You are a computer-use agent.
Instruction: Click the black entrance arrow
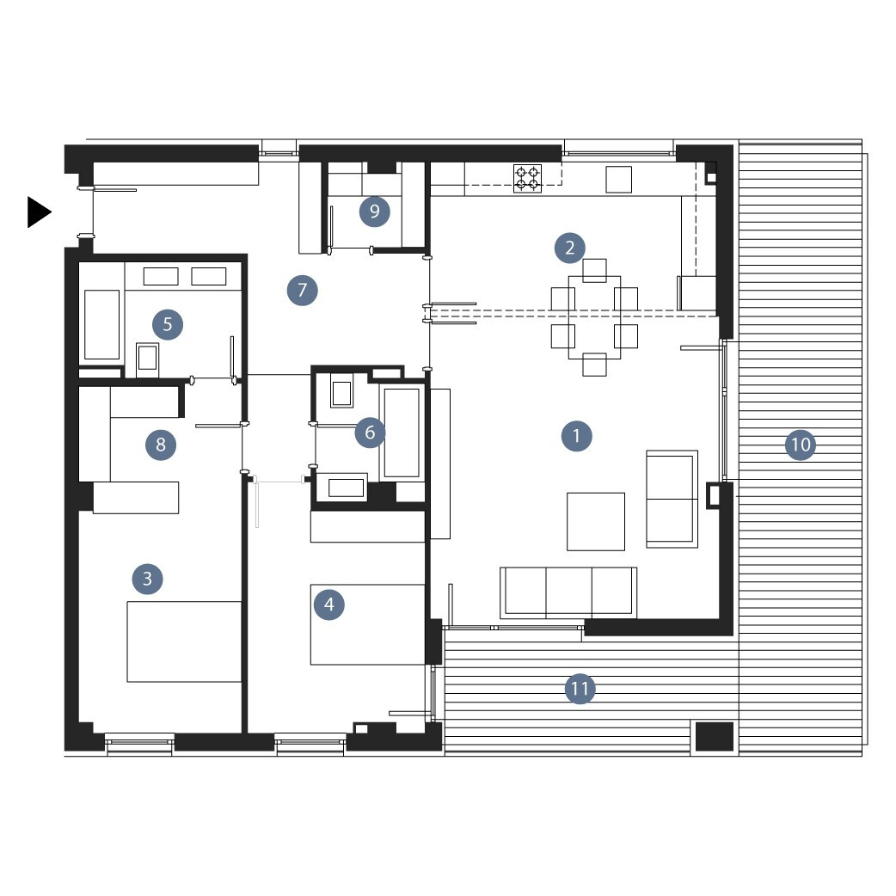point(39,212)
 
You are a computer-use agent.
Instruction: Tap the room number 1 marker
point(577,436)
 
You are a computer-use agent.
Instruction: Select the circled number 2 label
point(570,248)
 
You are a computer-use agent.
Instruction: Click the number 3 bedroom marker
point(147,579)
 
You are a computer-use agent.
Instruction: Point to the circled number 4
point(329,604)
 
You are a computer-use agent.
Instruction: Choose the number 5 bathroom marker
point(168,324)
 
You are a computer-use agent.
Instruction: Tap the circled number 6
point(370,433)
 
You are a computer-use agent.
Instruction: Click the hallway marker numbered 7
point(303,291)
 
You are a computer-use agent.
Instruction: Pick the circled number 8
point(161,445)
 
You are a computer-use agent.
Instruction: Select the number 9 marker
point(374,212)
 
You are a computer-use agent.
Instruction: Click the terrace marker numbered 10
point(801,445)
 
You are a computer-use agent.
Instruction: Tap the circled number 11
point(580,689)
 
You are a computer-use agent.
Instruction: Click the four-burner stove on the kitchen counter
point(527,178)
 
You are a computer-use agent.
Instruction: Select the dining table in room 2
point(594,317)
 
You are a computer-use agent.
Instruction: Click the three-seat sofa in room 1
point(568,592)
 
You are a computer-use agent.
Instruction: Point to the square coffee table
point(595,522)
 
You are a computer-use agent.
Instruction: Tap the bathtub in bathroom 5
point(101,324)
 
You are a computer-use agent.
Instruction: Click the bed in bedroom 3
point(184,641)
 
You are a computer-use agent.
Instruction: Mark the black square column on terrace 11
point(715,737)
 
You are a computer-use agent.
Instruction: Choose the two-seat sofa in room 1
point(672,499)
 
